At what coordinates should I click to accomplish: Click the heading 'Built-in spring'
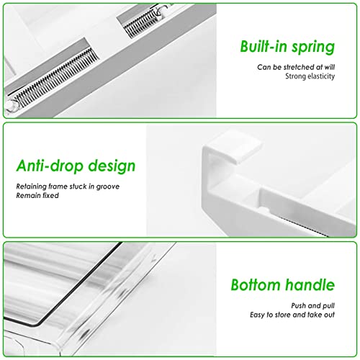287,48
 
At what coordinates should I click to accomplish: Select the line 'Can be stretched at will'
296,67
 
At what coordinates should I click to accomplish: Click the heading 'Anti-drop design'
76,166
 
